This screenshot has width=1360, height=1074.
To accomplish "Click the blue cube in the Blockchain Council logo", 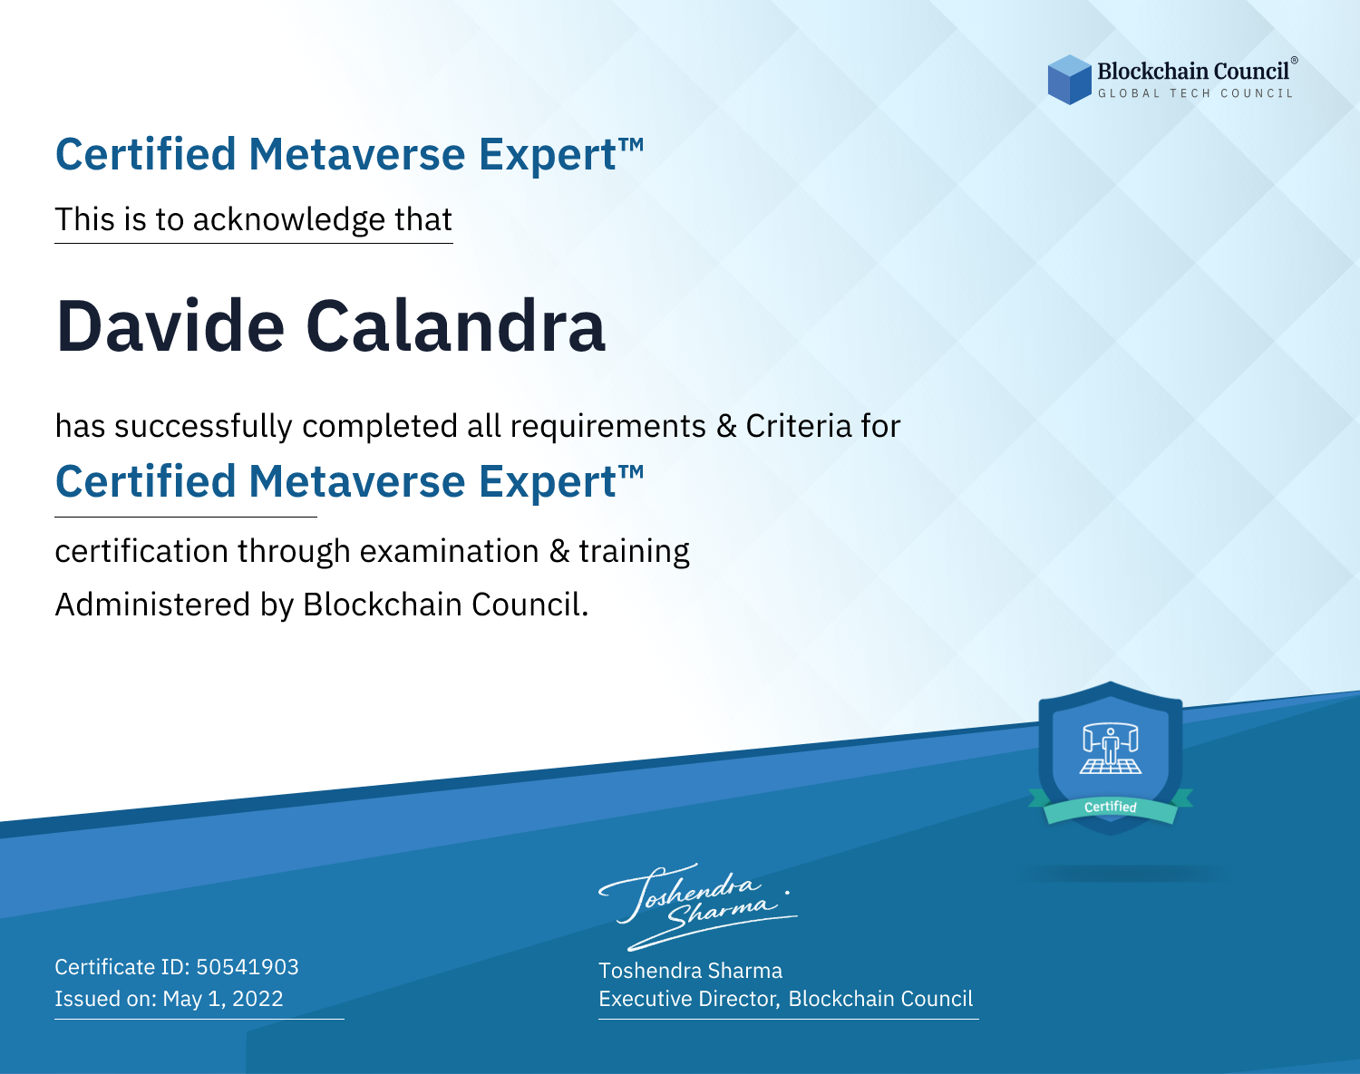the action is pyautogui.click(x=1069, y=80).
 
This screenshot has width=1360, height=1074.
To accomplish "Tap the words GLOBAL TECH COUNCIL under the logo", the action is pyautogui.click(x=1196, y=93).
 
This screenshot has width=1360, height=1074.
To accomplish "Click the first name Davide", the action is pyautogui.click(x=170, y=326).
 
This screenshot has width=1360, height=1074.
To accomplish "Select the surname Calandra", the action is pyautogui.click(x=456, y=326).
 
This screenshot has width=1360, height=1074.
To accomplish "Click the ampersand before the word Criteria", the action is pyautogui.click(x=726, y=426).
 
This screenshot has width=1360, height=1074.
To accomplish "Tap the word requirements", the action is pyautogui.click(x=608, y=427).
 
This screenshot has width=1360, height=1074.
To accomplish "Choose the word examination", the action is pyautogui.click(x=449, y=551).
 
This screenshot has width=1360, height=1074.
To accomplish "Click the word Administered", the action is pyautogui.click(x=152, y=604).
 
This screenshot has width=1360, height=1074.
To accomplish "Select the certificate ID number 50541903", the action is pyautogui.click(x=248, y=967).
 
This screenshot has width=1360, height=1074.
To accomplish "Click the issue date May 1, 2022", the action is pyautogui.click(x=223, y=999).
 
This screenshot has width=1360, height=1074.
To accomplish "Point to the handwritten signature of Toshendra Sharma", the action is pyautogui.click(x=697, y=906).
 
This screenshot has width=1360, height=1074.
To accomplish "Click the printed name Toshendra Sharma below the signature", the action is pyautogui.click(x=690, y=971).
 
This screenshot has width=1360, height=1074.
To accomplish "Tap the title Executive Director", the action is pyautogui.click(x=687, y=999).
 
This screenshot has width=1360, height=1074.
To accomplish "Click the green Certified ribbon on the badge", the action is pyautogui.click(x=1111, y=807).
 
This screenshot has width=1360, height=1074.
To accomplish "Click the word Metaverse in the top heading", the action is pyautogui.click(x=357, y=154).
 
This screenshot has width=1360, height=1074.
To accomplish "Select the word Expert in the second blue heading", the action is pyautogui.click(x=548, y=482).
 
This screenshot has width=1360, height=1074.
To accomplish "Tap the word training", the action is pyautogui.click(x=634, y=551).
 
